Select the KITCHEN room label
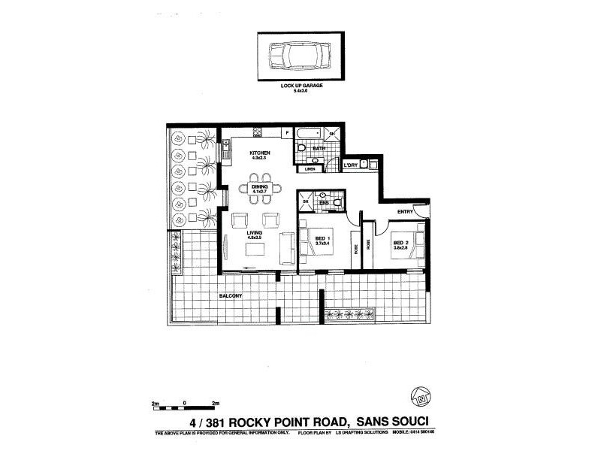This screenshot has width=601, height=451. pos(260,154)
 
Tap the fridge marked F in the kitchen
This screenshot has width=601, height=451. pos(286,133)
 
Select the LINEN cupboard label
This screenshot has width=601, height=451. pos(309,169)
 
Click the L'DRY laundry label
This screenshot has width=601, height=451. pos(350,164)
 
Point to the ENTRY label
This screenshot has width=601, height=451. pos(405,212)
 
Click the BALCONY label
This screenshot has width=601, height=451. pos(231,296)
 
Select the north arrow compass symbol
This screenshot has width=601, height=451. pos(421,395)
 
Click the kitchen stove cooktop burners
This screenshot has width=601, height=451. pos(258,133)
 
